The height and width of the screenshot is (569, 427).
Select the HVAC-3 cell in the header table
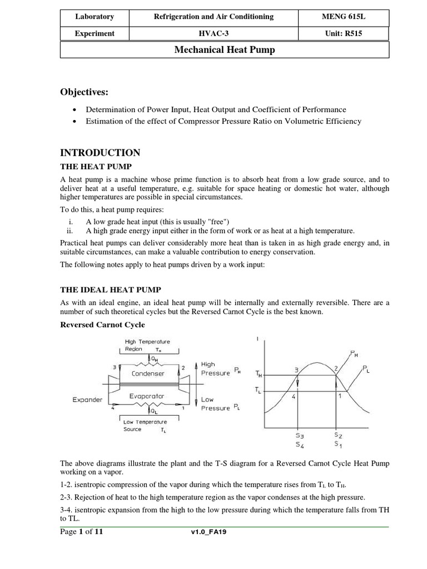point(214,33)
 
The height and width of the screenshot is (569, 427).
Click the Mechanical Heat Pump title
point(225,50)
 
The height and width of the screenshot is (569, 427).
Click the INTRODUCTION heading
point(100,153)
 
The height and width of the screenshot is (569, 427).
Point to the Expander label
point(87,400)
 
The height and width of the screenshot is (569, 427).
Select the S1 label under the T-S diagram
point(338,444)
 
